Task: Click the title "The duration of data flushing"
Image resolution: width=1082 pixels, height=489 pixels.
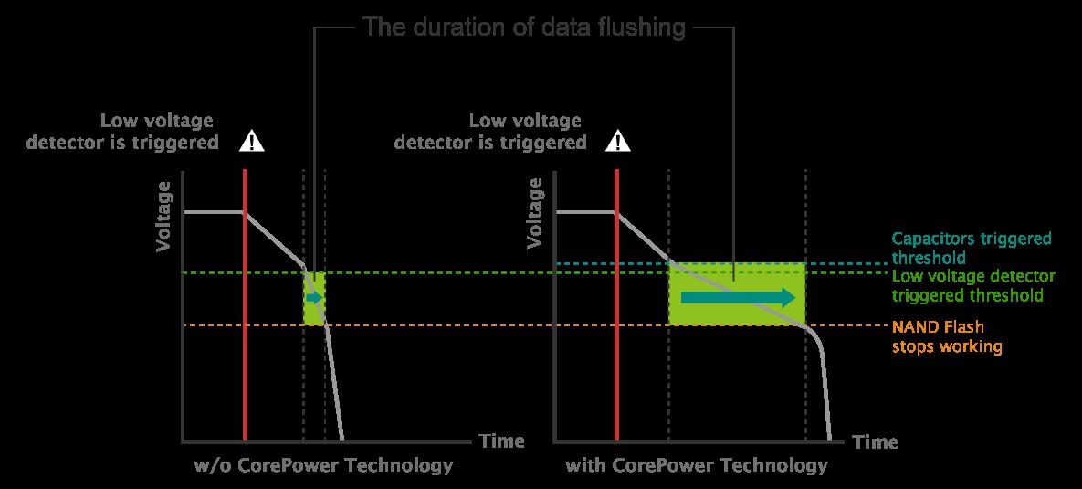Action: click(x=524, y=27)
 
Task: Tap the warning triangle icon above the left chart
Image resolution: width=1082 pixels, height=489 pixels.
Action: click(x=252, y=142)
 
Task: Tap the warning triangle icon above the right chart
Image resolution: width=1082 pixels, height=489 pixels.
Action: click(x=617, y=142)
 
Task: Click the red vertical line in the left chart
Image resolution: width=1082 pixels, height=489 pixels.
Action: click(x=245, y=303)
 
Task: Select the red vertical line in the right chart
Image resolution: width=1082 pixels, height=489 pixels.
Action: click(x=616, y=303)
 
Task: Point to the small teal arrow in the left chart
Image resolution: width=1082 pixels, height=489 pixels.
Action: click(x=314, y=298)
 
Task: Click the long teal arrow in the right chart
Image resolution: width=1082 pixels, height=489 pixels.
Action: click(x=738, y=298)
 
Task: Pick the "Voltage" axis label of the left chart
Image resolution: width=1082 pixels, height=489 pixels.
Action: click(x=163, y=217)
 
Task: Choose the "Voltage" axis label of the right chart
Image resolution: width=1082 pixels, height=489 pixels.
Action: click(x=535, y=213)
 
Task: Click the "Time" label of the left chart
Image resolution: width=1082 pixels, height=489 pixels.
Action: click(x=501, y=441)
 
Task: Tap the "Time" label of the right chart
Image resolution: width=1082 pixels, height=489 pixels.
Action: click(x=876, y=441)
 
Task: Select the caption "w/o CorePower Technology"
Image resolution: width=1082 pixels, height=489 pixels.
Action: click(x=323, y=465)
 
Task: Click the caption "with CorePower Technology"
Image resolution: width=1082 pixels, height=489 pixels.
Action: click(x=697, y=465)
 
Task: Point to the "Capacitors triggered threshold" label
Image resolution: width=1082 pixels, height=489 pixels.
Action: click(x=972, y=248)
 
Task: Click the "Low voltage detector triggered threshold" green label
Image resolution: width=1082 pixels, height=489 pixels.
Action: click(x=973, y=286)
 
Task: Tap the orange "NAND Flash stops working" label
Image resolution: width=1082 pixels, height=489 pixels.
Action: click(x=947, y=336)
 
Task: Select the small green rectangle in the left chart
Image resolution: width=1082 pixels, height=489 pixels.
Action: click(x=314, y=298)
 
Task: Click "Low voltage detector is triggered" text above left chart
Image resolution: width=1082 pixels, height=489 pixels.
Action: click(x=122, y=132)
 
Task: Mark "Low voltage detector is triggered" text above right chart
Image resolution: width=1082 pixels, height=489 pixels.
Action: click(x=490, y=132)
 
